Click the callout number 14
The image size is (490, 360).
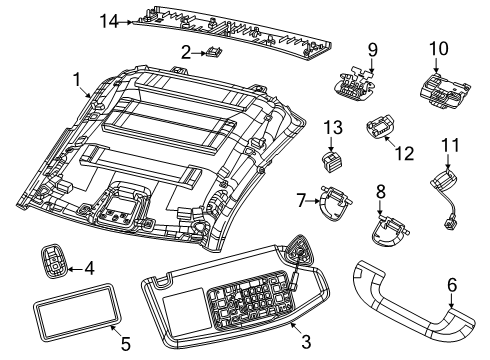coord(109,22)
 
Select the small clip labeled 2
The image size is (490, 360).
coord(214,52)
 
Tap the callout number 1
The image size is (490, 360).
coord(77,80)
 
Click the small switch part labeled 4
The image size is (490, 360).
coord(54,261)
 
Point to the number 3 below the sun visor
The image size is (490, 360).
coord(306,341)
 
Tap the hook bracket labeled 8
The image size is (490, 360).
coord(389,232)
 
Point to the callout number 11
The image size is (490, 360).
coord(451,145)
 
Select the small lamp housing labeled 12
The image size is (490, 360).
coord(380,127)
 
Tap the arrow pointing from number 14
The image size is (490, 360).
coord(125,22)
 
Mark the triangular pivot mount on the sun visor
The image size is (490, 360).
coord(298,252)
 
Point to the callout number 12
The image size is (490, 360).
coord(405,154)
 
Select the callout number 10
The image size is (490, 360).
coord(439,49)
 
